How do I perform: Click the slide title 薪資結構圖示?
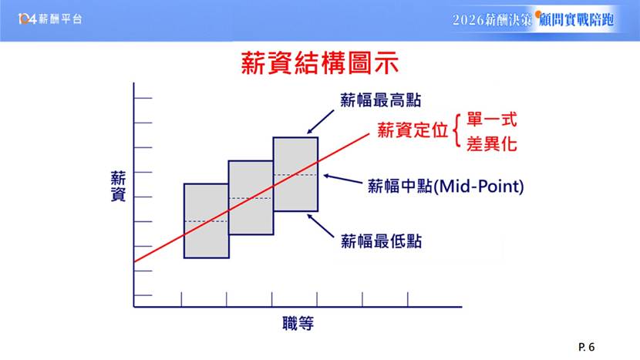point(319,63)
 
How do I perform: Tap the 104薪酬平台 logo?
point(50,19)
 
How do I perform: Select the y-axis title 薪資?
point(118,186)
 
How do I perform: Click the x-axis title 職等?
point(298,323)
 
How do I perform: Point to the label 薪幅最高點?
point(380,100)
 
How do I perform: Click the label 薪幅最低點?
point(381,241)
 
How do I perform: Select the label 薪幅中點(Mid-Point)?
point(446,186)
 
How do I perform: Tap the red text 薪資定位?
point(413,130)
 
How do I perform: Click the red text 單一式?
point(492,119)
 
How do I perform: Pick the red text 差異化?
point(492,143)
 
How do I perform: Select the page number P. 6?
point(587,348)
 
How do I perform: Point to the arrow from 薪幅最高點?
point(321,122)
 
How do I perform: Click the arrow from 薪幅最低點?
point(321,226)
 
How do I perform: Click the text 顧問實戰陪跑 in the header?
point(576,19)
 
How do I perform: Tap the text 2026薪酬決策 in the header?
point(492,19)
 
